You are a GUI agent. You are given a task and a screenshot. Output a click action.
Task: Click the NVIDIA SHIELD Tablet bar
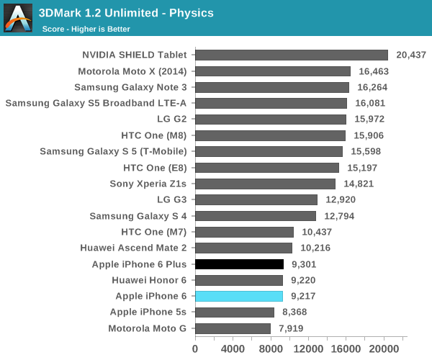pyautogui.click(x=292, y=55)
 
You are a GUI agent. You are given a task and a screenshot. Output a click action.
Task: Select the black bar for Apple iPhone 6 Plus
pyautogui.click(x=239, y=264)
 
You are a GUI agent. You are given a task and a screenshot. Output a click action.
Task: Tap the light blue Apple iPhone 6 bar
pyautogui.click(x=239, y=296)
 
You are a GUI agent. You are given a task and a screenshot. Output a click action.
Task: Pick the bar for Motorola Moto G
pyautogui.click(x=233, y=328)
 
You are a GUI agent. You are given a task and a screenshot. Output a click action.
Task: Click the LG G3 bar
pyautogui.click(x=256, y=199)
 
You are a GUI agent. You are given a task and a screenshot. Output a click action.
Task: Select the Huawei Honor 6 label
pyautogui.click(x=149, y=280)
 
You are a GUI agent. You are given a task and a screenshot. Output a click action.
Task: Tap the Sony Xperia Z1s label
pyautogui.click(x=148, y=184)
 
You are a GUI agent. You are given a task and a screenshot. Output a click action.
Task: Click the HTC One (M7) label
pyautogui.click(x=153, y=232)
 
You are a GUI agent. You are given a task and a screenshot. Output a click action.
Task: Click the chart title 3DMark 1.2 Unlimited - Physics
pyautogui.click(x=126, y=13)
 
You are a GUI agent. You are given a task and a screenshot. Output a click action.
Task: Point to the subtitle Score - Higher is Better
pyautogui.click(x=86, y=29)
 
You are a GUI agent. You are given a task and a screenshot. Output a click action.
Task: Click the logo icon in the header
pyautogui.click(x=18, y=18)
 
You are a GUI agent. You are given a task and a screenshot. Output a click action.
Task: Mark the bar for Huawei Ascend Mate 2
pyautogui.click(x=243, y=248)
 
